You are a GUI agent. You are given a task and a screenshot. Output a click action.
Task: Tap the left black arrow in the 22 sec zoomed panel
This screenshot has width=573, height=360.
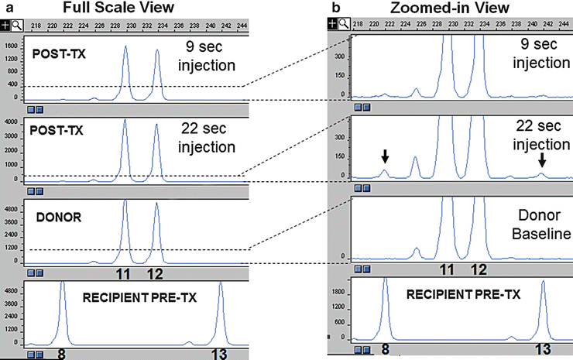point(385,156)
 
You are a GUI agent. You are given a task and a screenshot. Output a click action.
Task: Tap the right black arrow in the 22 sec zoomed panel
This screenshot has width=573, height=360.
point(542,159)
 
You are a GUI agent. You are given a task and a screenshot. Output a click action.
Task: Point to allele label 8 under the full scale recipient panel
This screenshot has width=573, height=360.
point(61,354)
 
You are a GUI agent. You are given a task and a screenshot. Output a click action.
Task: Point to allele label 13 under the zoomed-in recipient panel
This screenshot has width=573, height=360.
point(544,351)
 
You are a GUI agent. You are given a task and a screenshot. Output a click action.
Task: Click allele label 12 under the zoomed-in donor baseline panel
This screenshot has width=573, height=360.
point(479,270)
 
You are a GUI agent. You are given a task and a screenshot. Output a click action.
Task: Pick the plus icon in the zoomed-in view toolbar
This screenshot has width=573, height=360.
point(333,24)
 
